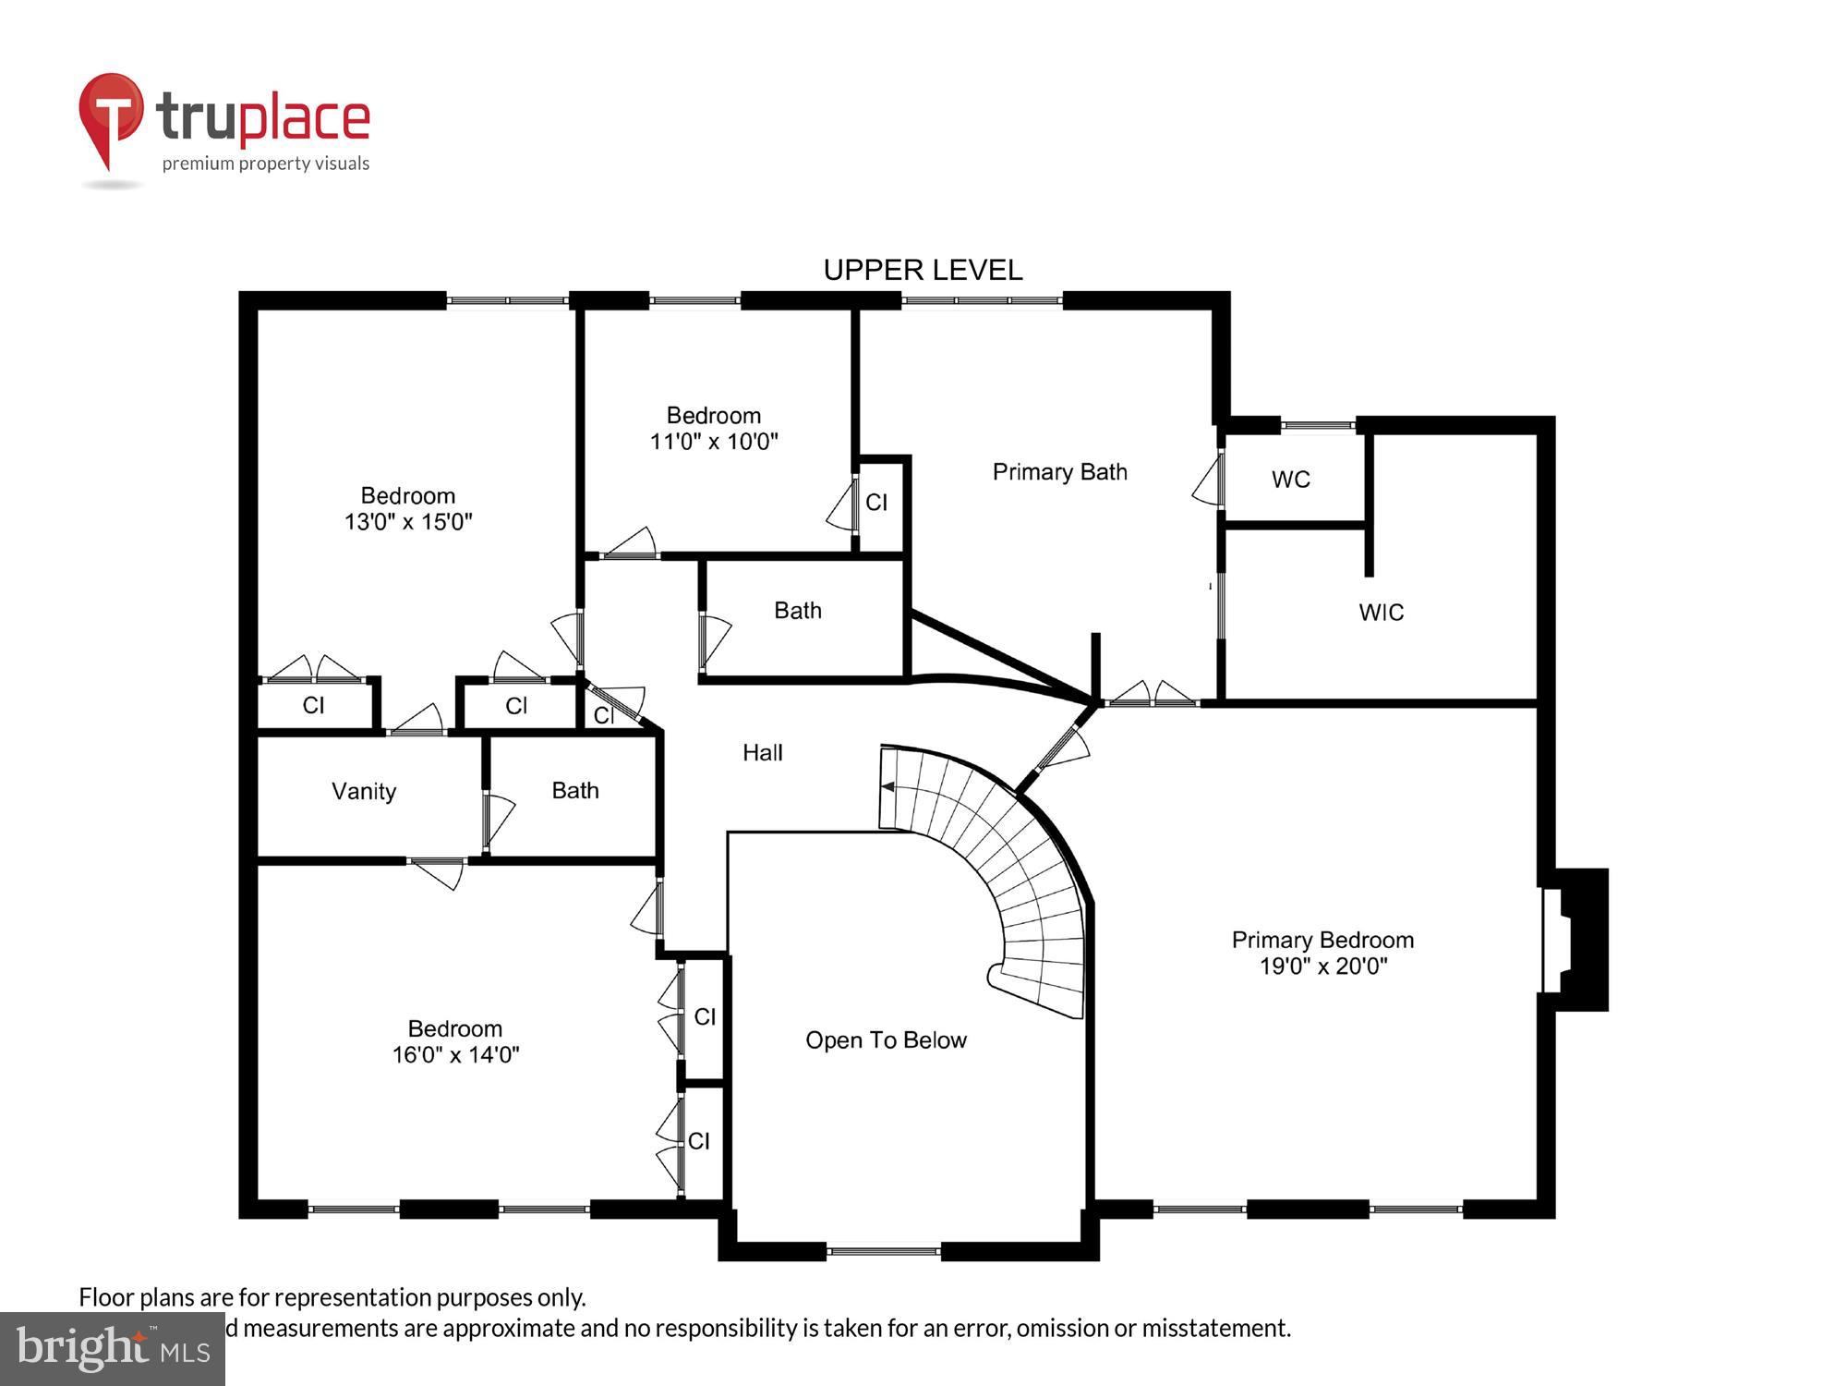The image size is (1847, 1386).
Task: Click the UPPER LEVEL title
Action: click(x=923, y=270)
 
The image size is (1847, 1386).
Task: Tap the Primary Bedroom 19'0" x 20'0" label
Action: click(x=1322, y=953)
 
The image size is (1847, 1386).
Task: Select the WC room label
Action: click(x=1290, y=480)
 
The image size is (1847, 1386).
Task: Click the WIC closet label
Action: click(x=1381, y=613)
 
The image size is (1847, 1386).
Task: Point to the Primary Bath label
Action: click(x=1059, y=472)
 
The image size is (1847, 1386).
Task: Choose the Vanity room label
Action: click(x=364, y=791)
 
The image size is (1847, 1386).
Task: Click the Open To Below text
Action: click(x=886, y=1040)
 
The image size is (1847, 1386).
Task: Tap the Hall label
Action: click(x=762, y=753)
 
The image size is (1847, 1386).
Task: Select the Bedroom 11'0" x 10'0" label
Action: click(x=714, y=429)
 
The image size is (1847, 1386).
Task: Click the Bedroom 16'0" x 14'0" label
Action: click(x=455, y=1041)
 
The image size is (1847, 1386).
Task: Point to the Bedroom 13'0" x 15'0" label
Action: click(x=408, y=509)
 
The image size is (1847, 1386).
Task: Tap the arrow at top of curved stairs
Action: click(x=888, y=787)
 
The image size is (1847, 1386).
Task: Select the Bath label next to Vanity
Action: click(x=574, y=791)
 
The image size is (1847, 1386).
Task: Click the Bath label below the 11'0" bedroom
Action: click(x=798, y=611)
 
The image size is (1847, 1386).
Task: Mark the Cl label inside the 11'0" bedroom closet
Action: click(x=875, y=503)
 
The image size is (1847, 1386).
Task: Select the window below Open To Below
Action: click(x=883, y=1252)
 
